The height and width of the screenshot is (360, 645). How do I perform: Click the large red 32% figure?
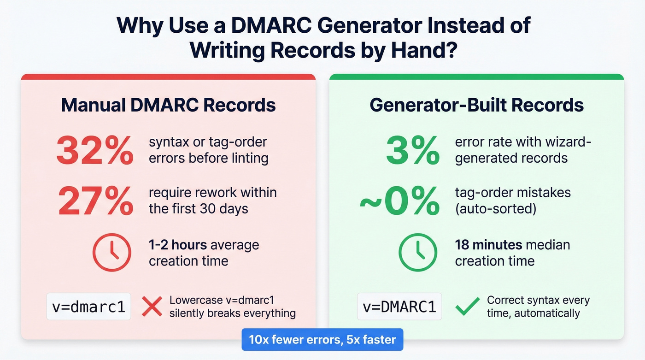coord(94,151)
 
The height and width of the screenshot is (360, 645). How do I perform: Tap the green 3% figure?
coord(412,151)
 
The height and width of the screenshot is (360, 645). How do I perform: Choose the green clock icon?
coord(417,252)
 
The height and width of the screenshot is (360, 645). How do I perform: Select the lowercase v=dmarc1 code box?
coord(89,307)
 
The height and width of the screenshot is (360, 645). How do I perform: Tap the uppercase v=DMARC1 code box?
coord(399,307)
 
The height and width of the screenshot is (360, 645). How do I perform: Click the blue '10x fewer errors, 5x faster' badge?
coord(322,340)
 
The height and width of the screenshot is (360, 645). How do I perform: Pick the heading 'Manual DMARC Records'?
coord(168,105)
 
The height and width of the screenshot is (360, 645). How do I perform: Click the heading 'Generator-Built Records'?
coord(476,105)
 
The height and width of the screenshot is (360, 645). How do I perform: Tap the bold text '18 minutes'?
coord(488,245)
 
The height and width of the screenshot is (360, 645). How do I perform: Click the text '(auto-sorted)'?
coord(495,208)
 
